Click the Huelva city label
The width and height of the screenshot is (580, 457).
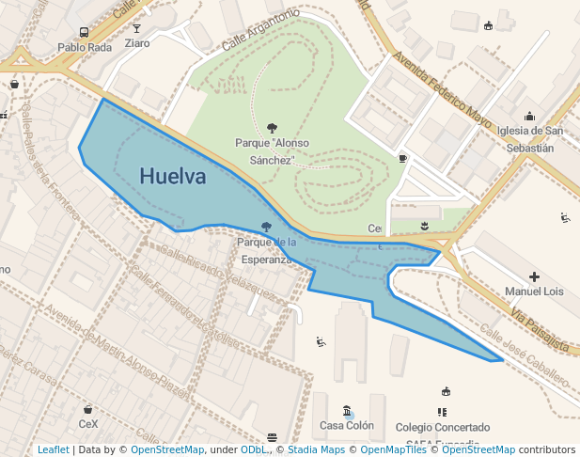(172, 176)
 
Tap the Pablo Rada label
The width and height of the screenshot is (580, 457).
(85, 47)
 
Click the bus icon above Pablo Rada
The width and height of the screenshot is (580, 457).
(85, 31)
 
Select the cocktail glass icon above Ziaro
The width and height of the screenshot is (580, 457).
(137, 28)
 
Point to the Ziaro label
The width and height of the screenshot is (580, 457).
(137, 43)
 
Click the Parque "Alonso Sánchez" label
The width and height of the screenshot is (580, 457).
(272, 151)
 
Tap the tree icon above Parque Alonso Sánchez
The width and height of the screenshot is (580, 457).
(272, 128)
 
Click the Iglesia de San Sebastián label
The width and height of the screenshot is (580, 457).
(531, 139)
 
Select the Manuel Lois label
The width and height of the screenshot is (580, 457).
(534, 292)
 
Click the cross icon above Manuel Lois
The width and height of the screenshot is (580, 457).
(534, 276)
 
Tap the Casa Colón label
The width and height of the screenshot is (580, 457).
(347, 426)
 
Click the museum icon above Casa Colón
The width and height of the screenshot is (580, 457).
(348, 411)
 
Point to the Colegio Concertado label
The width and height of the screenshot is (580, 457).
(442, 427)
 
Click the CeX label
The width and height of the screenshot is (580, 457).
(87, 424)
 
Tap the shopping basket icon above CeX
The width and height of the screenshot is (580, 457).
(87, 409)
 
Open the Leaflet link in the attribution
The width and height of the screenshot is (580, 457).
(53, 449)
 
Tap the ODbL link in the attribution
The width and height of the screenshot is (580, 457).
(254, 449)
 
